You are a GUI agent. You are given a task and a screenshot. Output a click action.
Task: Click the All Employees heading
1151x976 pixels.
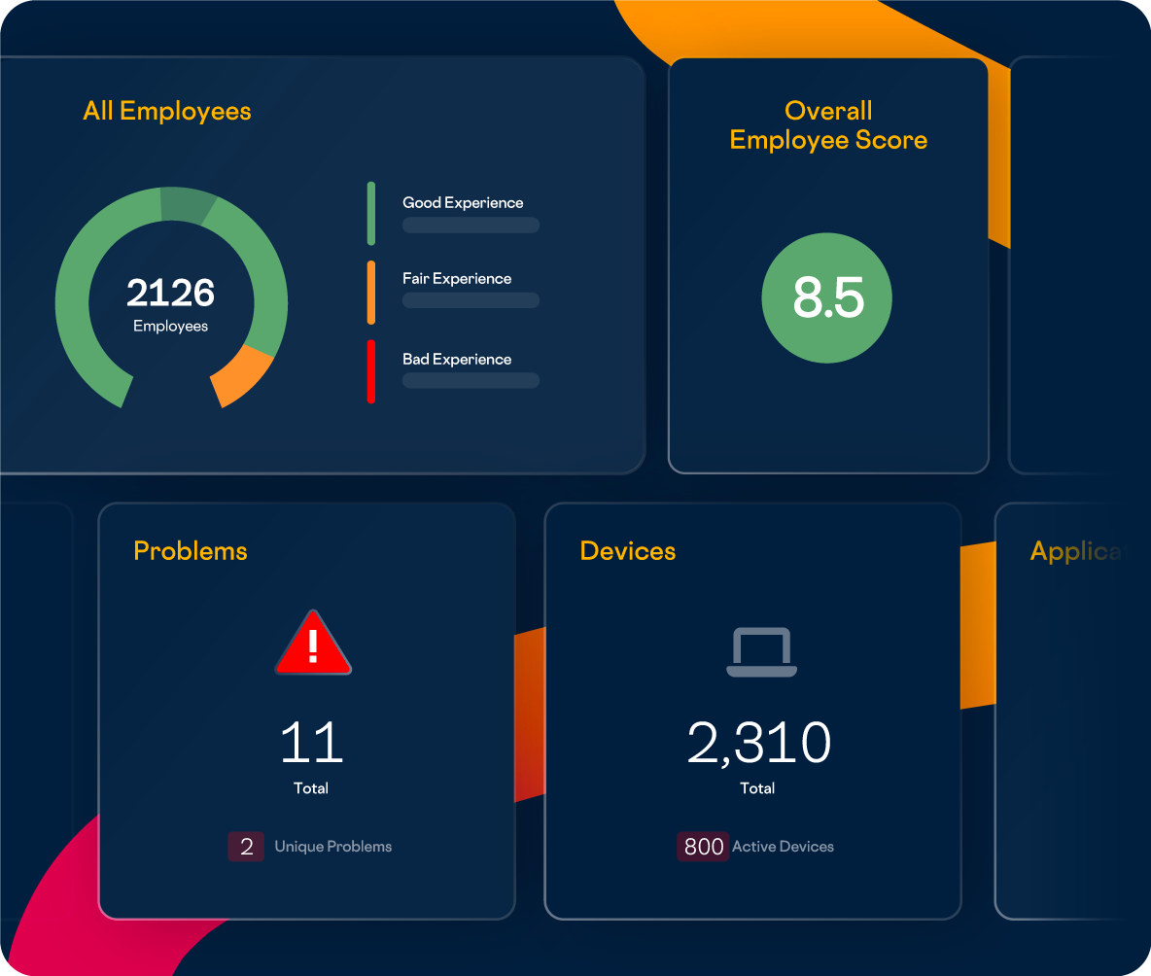coord(167,111)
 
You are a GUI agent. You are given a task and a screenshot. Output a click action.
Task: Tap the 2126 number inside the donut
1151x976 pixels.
coord(170,293)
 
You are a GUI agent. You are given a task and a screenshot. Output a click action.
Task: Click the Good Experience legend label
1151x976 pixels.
coord(463,202)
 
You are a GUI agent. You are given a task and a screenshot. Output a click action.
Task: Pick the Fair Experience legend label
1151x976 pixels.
coord(457,278)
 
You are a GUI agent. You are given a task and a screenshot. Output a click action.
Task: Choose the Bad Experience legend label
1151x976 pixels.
coord(457,359)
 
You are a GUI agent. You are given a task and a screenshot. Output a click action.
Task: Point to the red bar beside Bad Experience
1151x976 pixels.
coord(370,371)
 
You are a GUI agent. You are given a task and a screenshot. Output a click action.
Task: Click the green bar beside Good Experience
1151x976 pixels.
coord(370,213)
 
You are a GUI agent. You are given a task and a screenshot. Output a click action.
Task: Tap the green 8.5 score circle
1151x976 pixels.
coord(827,297)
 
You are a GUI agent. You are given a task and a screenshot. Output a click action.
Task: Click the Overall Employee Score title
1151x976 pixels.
coord(828,125)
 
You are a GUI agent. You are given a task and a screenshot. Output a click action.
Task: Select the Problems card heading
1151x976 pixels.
coord(191,551)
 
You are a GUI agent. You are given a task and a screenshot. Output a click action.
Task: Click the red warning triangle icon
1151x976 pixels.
coord(313,645)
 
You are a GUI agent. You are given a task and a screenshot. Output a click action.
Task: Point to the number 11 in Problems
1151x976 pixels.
coord(311,743)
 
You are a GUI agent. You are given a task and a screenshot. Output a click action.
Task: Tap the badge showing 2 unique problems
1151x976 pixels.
coord(246,847)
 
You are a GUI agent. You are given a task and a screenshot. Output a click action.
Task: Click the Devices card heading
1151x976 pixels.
coord(628,551)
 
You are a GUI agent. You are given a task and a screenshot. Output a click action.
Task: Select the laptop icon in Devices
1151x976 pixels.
coord(761,652)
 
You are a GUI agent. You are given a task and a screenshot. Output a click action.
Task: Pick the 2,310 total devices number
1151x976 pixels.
coord(758,743)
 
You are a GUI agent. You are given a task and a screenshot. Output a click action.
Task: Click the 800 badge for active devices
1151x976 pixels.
coord(703,847)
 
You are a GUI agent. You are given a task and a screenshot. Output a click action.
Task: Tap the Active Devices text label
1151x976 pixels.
coord(783,847)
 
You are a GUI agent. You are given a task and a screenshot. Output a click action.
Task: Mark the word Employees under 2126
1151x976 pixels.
coord(170,326)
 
